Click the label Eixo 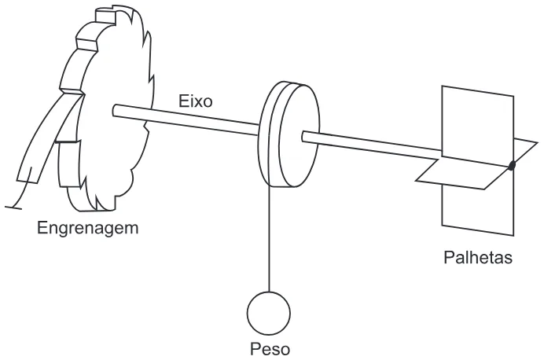pos(195,101)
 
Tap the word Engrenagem pos(88,228)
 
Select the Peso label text pos(270,349)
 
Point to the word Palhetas pos(478,258)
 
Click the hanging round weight pos(269,313)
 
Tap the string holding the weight pos(269,239)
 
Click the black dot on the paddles pos(512,166)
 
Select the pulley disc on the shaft pos(289,134)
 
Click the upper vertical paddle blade pos(478,126)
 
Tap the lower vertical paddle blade pos(478,204)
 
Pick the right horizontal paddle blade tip pos(537,142)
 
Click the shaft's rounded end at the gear pos(115,110)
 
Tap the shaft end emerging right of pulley pos(304,137)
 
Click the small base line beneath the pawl pos(13,208)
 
